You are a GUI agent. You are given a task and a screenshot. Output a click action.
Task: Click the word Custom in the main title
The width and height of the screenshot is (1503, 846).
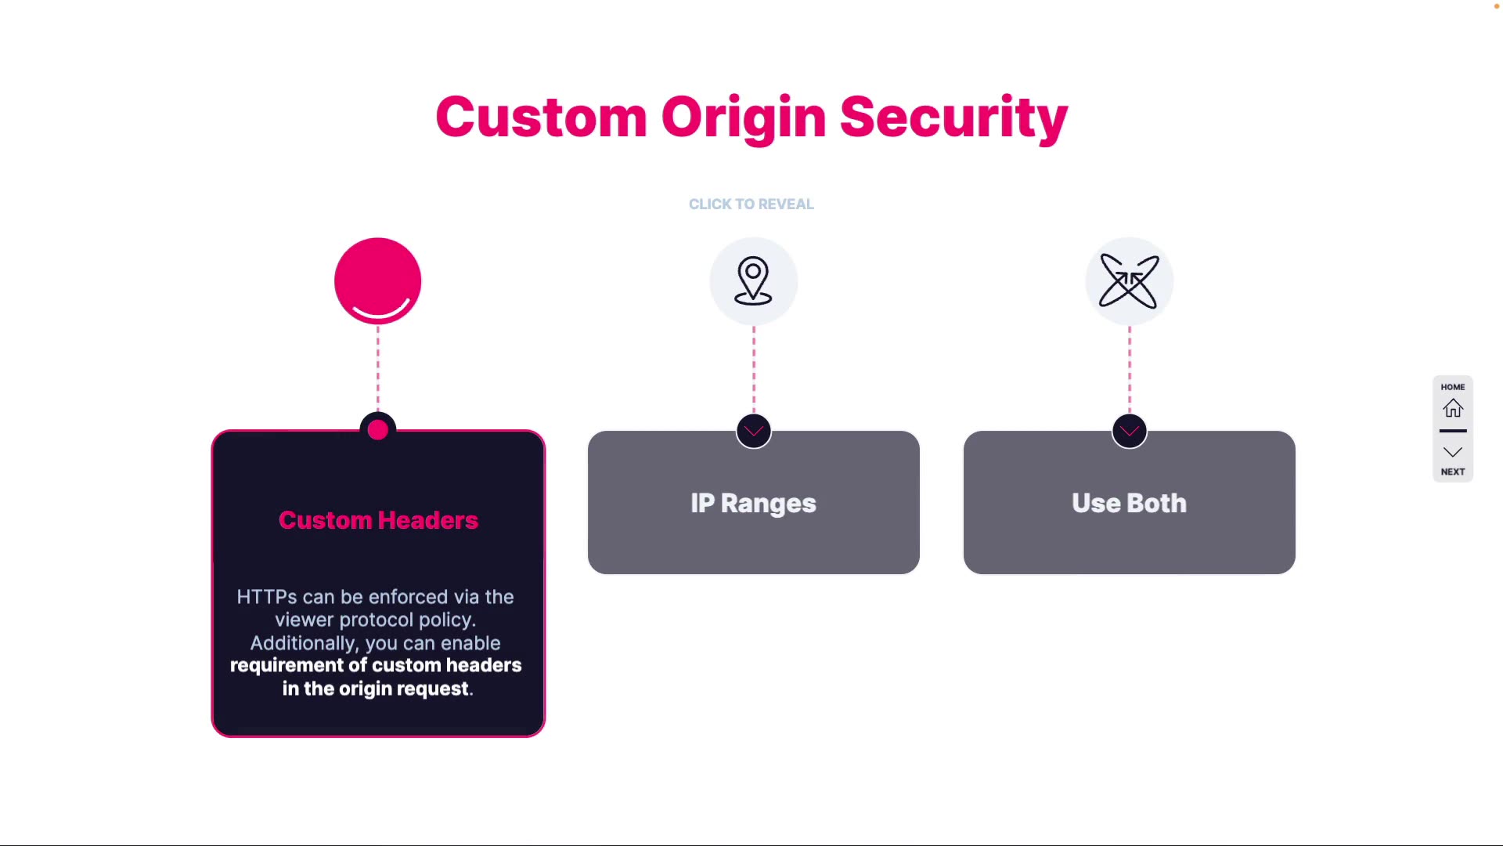point(541,117)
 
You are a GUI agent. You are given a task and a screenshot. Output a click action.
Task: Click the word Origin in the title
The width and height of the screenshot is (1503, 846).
point(743,117)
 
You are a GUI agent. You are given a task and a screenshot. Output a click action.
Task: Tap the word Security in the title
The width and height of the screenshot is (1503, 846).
point(953,117)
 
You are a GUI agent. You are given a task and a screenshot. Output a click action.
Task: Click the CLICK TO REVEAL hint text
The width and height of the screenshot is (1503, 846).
point(751,204)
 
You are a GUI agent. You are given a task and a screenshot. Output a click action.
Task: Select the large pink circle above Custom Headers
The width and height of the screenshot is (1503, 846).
point(377,280)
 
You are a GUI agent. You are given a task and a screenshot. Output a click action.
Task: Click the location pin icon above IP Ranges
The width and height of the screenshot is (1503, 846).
point(753,280)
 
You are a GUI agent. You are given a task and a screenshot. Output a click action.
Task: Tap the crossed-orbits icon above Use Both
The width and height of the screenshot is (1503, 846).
point(1129,280)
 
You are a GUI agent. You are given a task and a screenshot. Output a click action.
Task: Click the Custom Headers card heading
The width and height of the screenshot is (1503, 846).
point(378,520)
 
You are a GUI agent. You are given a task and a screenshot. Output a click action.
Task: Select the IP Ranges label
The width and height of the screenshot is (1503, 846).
point(753,503)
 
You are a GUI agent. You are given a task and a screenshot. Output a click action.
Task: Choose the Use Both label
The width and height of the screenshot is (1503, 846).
point(1129,503)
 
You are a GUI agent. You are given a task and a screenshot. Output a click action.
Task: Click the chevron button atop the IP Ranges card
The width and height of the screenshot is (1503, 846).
point(754,431)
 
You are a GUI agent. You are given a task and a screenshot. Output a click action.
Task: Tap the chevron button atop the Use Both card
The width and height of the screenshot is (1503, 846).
point(1129,431)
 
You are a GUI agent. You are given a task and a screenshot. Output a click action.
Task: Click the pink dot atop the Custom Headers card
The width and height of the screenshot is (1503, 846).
point(377,429)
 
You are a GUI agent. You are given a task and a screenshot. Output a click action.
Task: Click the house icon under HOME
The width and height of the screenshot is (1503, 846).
point(1453,408)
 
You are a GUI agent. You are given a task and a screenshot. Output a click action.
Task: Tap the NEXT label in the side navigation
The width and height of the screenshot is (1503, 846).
point(1453,472)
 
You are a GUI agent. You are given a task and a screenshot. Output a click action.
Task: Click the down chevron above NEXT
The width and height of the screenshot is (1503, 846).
point(1453,452)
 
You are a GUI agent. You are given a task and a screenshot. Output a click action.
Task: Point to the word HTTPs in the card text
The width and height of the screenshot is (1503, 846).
point(267,597)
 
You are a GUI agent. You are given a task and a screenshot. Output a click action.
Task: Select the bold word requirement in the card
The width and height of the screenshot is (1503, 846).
point(287,666)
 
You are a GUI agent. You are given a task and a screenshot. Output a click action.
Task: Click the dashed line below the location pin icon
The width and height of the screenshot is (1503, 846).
point(754,368)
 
